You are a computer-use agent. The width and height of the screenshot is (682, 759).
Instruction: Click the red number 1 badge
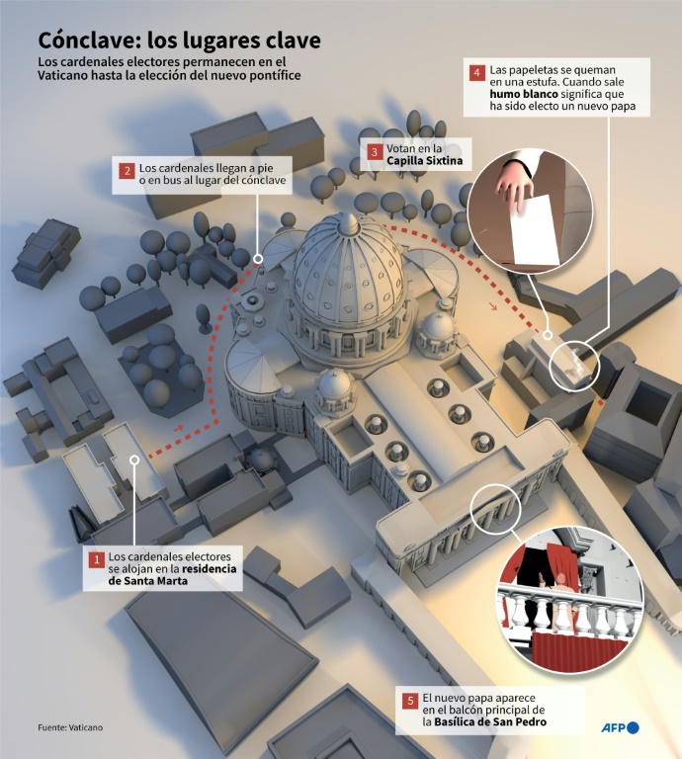[x=96, y=560]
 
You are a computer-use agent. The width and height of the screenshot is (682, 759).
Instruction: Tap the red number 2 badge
[x=127, y=171]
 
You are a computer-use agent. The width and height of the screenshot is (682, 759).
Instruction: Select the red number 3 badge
[x=375, y=151]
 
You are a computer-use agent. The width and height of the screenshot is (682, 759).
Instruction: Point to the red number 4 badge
[x=476, y=72]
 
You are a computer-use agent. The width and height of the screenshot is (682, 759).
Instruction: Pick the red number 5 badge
[x=410, y=701]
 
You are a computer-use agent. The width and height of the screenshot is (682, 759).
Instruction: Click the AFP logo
[x=620, y=727]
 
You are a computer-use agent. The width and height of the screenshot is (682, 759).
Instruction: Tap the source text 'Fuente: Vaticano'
[x=70, y=727]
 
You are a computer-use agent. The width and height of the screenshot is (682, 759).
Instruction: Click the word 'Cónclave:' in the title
[x=89, y=41]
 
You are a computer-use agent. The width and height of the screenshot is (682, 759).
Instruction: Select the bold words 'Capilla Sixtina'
[x=424, y=161]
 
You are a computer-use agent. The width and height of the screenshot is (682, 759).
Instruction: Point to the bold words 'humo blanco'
[x=524, y=94]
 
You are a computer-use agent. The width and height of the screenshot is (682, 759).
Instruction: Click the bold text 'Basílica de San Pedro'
[x=490, y=722]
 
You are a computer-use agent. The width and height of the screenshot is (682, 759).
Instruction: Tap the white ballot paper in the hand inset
[x=535, y=230]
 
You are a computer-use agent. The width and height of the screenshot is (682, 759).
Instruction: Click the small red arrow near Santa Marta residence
[x=179, y=428]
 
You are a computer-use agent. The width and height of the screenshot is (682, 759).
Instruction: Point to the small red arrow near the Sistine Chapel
[x=493, y=306]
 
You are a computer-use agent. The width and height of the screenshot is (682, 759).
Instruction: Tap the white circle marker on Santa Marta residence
[x=134, y=460]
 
